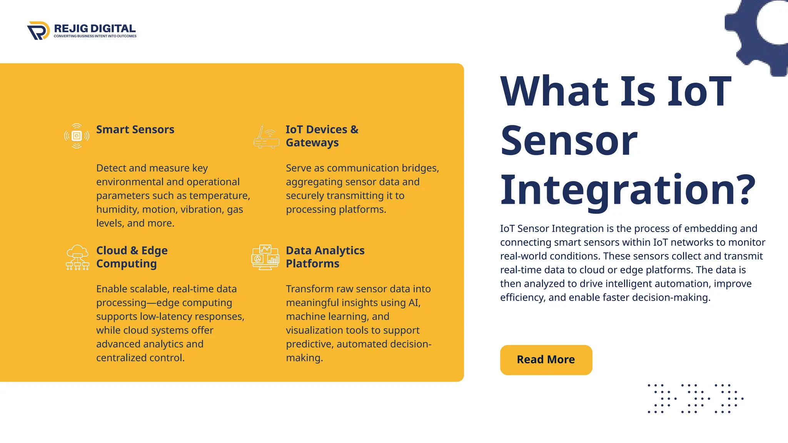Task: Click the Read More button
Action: pyautogui.click(x=546, y=360)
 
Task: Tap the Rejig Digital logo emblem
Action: pyautogui.click(x=38, y=30)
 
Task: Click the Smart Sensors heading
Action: pyautogui.click(x=135, y=130)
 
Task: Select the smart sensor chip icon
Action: pyautogui.click(x=77, y=136)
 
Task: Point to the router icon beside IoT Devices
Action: pyautogui.click(x=266, y=137)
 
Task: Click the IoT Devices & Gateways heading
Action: pyautogui.click(x=322, y=136)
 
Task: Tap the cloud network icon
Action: pyautogui.click(x=77, y=257)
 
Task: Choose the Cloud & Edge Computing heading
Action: pyautogui.click(x=132, y=257)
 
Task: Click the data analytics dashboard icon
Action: pyautogui.click(x=265, y=257)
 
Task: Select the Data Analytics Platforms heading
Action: pyautogui.click(x=325, y=257)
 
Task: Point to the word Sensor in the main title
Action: pyautogui.click(x=569, y=140)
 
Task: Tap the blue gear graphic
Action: pyautogui.click(x=754, y=35)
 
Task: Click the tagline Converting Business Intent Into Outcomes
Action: pyautogui.click(x=95, y=36)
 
